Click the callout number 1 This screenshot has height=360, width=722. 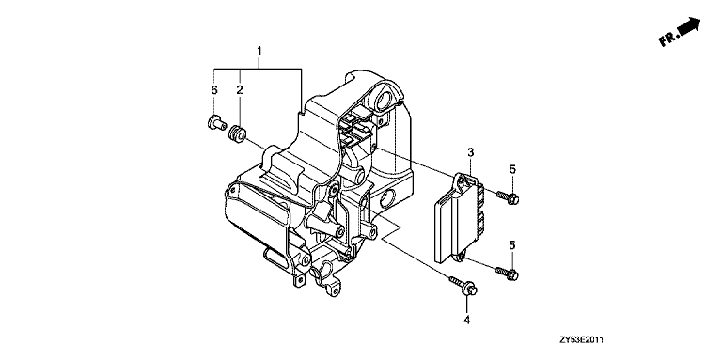pos(259,51)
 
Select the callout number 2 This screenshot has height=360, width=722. pos(240,90)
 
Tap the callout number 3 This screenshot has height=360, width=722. pos(470,152)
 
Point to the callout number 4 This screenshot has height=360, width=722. pos(466,320)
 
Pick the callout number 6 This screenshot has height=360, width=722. pos(214,90)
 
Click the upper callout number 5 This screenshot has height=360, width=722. pos(512,169)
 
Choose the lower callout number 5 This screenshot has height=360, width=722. pos(512,245)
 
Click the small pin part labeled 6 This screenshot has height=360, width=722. pos(214,123)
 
